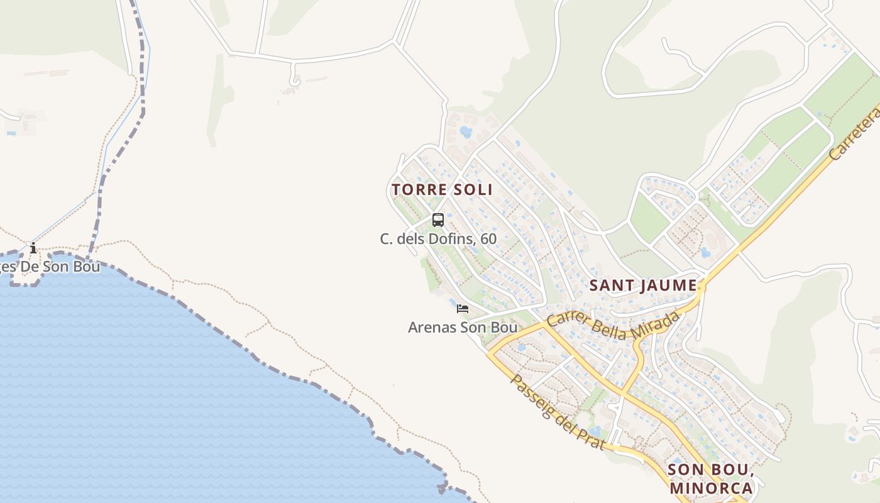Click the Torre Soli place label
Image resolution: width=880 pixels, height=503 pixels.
point(442,189)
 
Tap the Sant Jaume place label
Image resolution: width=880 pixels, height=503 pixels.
point(643,285)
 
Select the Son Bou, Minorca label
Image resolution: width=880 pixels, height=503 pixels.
point(710,478)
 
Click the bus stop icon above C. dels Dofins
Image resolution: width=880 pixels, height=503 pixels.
point(438,220)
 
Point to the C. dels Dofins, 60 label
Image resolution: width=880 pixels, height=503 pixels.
point(438,239)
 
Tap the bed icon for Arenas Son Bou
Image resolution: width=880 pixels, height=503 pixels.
point(463,308)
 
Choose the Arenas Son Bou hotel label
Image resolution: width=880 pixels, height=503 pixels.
point(463,327)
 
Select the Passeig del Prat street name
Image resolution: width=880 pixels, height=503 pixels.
point(557,412)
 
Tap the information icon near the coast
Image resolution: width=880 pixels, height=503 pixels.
point(33,248)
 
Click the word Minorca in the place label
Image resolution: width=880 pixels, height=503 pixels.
point(711,488)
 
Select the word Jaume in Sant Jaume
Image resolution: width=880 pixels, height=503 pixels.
point(669,285)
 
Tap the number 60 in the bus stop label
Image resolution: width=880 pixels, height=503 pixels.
point(488,239)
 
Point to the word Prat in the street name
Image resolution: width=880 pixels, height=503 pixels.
point(593,439)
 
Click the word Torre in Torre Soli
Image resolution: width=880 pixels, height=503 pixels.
point(418,189)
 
